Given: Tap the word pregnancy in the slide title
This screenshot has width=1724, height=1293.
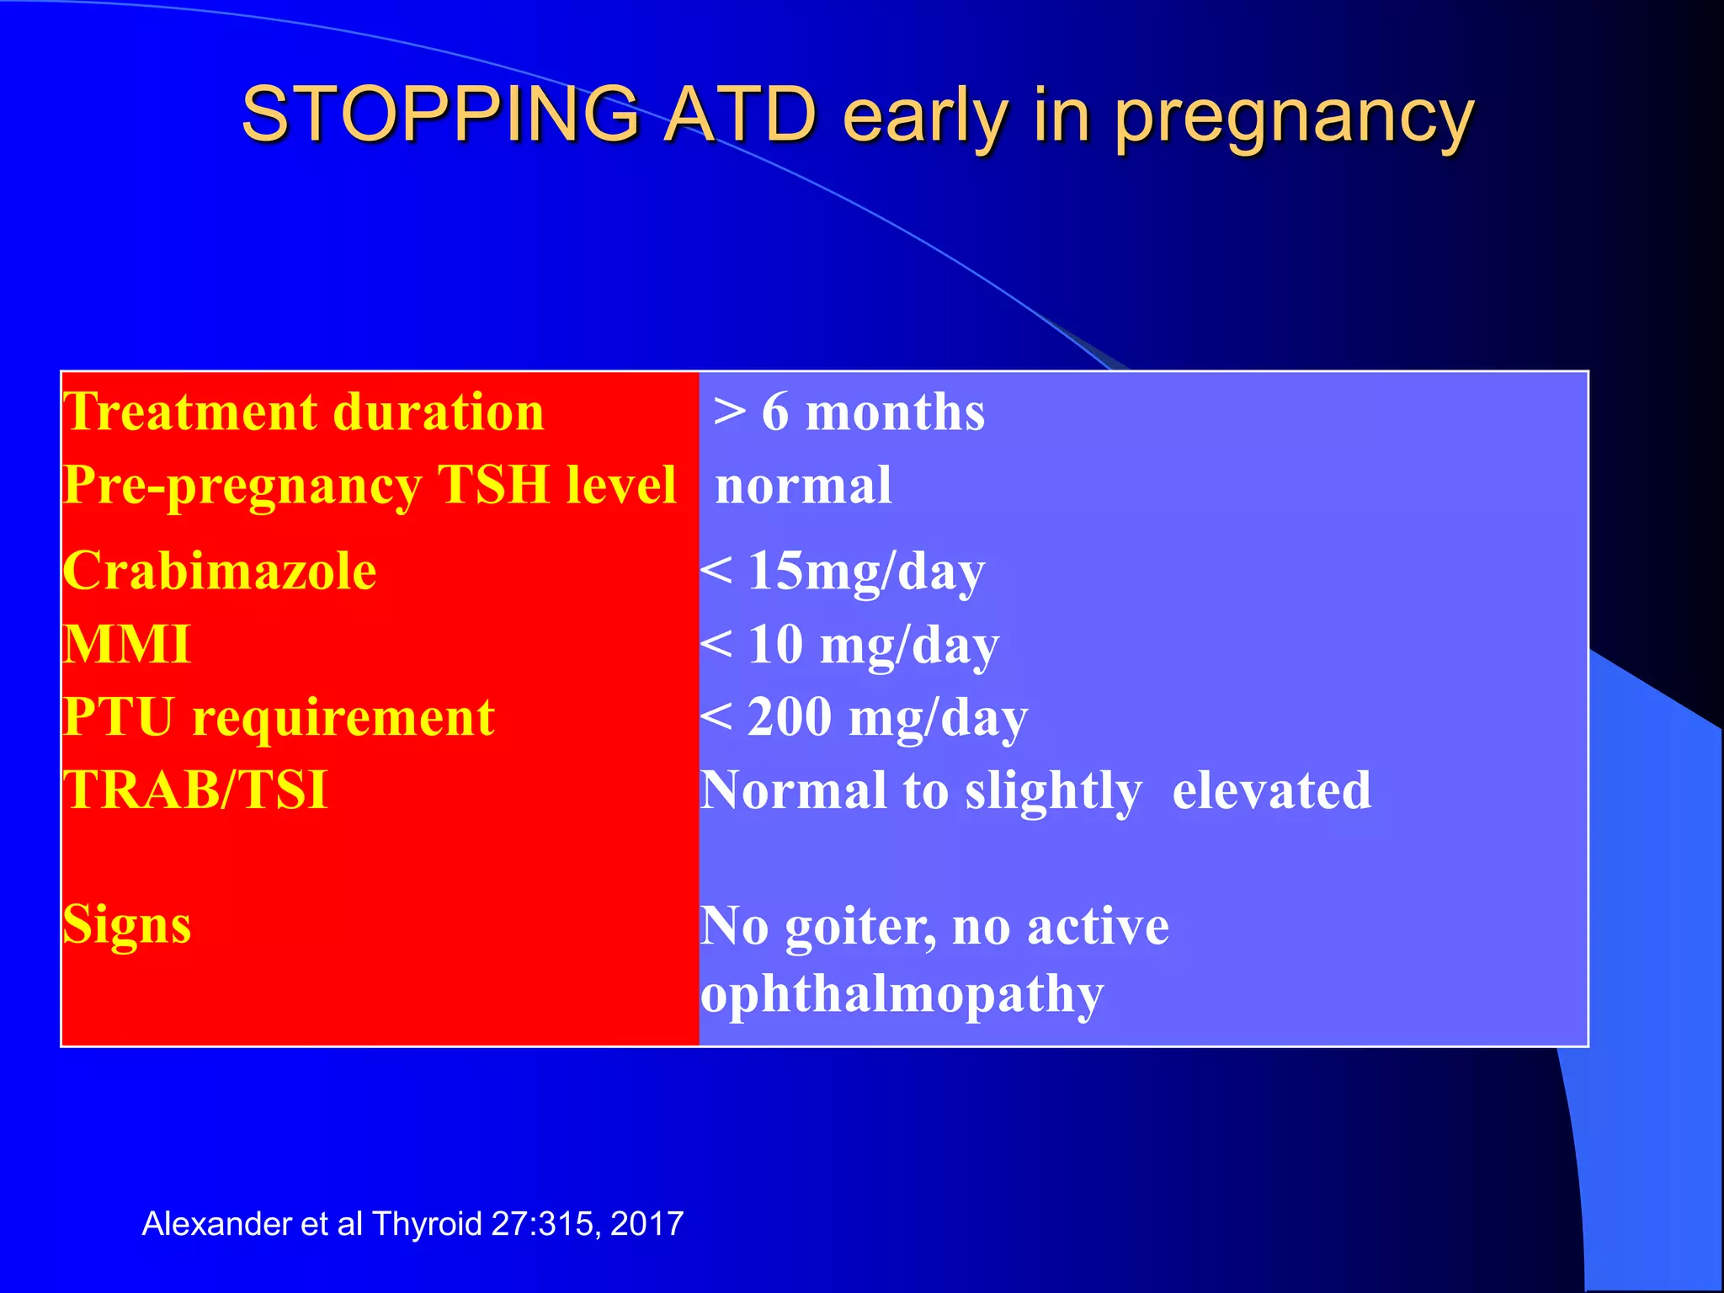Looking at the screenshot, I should pos(1294,118).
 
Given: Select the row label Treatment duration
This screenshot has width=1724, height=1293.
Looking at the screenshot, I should pos(304,412).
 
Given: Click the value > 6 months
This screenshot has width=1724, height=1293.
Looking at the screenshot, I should pos(849,412).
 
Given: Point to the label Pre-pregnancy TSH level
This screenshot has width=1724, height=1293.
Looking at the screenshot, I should pos(370,486).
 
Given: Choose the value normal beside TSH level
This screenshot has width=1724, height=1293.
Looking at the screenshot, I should pos(803,486).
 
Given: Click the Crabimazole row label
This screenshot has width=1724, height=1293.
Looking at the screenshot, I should pos(220,571).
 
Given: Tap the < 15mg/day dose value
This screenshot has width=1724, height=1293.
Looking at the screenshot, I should pos(843,571).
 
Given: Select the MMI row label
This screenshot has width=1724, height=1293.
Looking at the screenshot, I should pos(127,645).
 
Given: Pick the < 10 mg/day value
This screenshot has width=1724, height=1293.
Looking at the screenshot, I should pos(849,645).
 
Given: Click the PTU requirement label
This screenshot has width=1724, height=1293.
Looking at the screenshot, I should pos(279,717).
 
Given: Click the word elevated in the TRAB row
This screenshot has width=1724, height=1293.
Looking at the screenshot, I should pos(1271,790).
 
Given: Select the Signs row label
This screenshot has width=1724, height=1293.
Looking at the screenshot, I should pos(127,924).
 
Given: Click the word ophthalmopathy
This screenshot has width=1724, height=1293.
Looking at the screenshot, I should pos(902,993).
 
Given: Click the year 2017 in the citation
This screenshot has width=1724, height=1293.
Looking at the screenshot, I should pos(646,1223).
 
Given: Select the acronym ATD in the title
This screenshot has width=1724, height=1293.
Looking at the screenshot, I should pos(741,114).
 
